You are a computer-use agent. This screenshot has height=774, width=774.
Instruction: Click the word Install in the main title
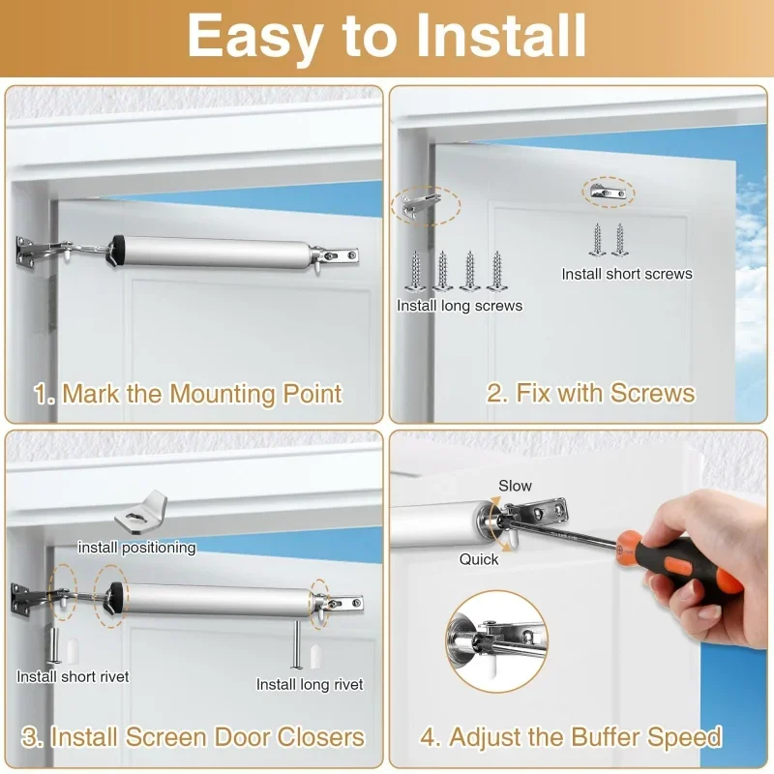tap(500, 37)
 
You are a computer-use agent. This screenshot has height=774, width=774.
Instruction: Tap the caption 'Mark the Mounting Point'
tap(188, 395)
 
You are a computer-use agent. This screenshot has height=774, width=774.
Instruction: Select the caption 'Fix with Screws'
tap(590, 393)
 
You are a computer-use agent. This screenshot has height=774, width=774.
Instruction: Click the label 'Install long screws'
tap(459, 306)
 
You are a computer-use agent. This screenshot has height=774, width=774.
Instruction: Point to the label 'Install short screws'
tap(627, 274)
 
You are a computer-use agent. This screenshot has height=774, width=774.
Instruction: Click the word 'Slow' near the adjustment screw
tap(515, 486)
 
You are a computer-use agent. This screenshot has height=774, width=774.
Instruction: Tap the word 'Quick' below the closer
tap(479, 559)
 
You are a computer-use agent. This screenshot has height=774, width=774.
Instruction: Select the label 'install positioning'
tap(136, 548)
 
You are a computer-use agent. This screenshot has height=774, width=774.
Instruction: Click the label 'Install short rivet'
tap(73, 676)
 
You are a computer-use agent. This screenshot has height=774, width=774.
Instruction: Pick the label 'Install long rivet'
tap(310, 684)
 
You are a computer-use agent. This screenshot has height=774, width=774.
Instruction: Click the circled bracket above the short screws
tap(609, 192)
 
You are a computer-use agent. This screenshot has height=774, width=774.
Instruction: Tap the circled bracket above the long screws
tap(424, 205)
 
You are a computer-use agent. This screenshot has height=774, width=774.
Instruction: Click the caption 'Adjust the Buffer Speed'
tap(571, 737)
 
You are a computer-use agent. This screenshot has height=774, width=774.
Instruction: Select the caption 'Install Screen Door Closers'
tap(193, 737)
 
